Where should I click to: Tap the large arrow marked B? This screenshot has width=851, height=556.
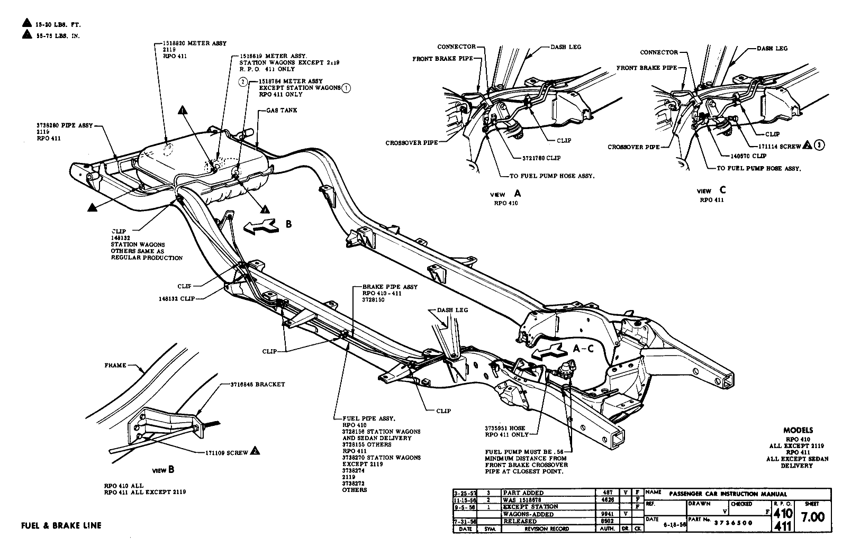(x=261, y=225)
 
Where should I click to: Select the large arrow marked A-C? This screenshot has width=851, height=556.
(x=550, y=350)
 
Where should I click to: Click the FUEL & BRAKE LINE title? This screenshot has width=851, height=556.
(x=61, y=525)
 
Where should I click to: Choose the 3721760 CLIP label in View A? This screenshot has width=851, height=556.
(x=538, y=158)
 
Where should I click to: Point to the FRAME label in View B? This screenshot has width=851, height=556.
(x=115, y=366)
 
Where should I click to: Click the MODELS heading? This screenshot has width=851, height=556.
(x=798, y=431)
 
